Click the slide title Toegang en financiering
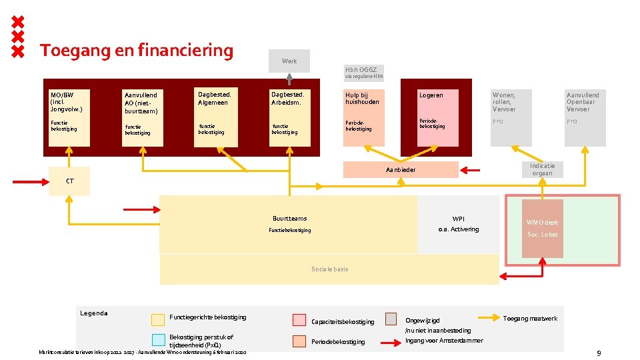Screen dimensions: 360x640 137,51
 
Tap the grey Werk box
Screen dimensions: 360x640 289,61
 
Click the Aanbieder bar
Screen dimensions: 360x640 401,170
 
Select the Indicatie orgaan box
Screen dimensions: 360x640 542,169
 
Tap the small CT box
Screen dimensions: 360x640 69,181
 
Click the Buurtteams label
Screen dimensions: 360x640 289,219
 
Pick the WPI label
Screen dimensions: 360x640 458,219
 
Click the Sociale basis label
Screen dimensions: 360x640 329,269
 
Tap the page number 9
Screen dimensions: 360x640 599,353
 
